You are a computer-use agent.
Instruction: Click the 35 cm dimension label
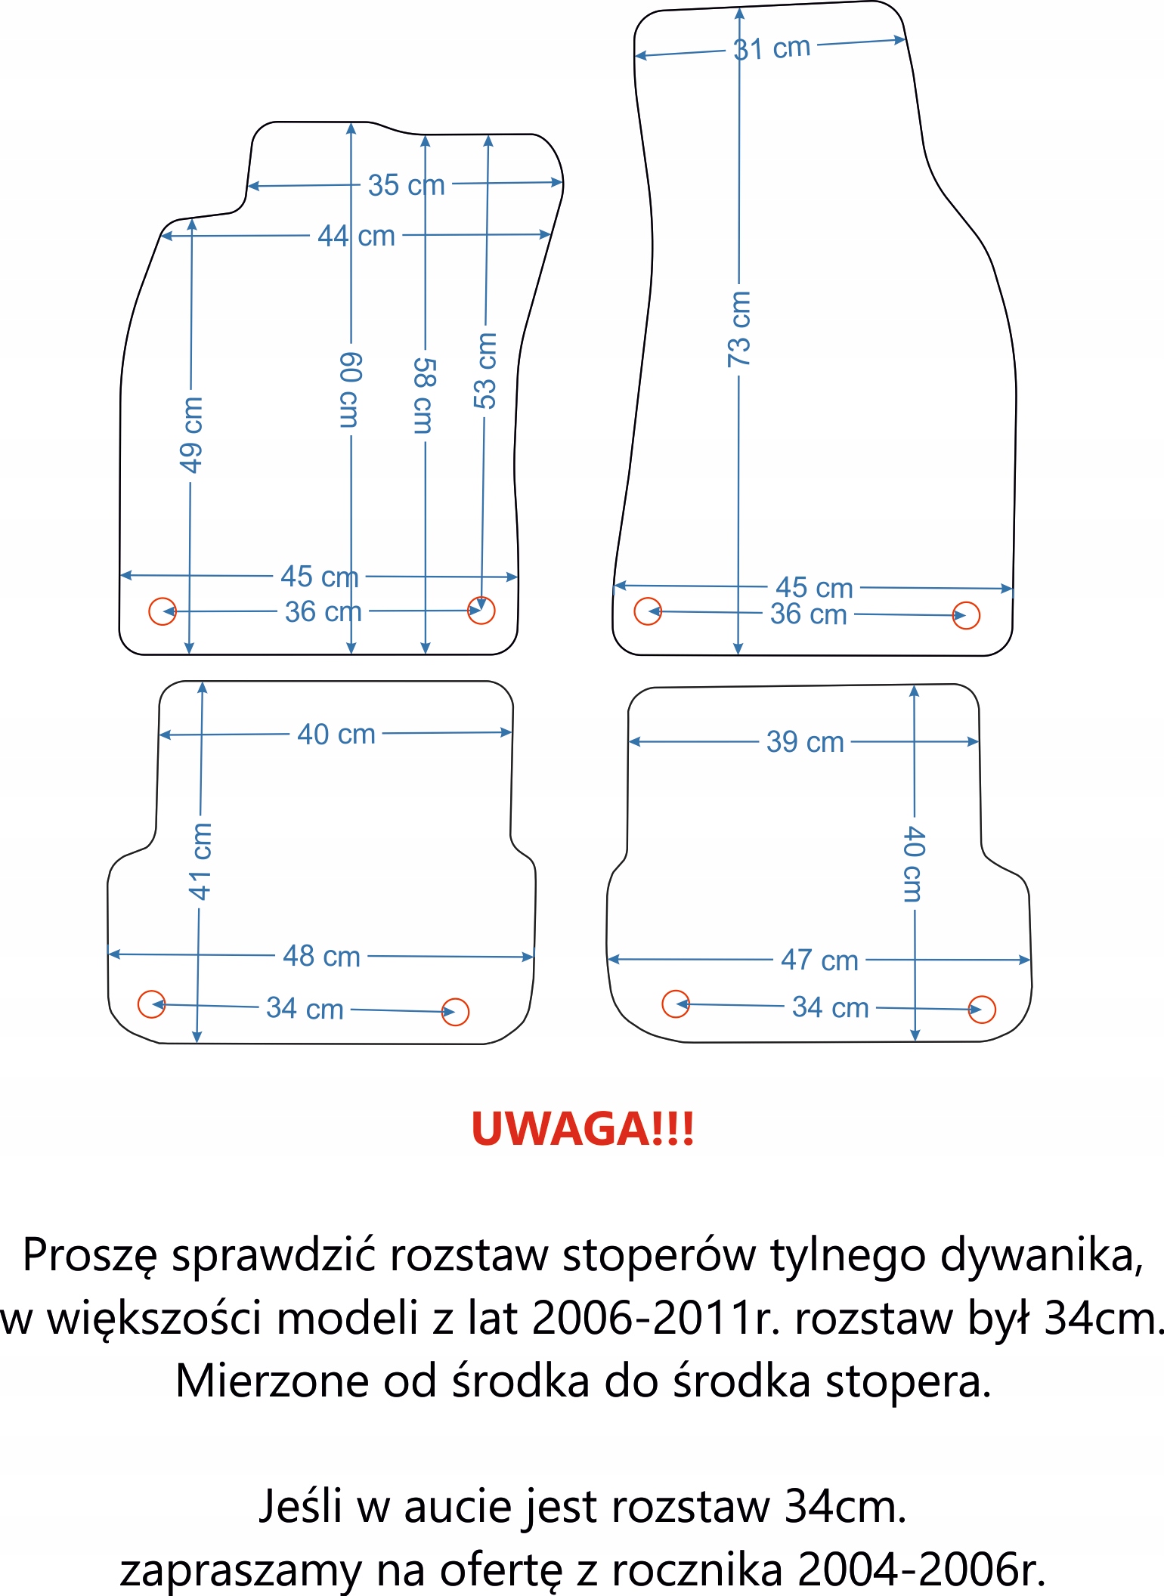406,184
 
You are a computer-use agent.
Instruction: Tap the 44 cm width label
356,236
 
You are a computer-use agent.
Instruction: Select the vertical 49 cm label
191,435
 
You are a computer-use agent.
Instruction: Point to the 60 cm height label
350,390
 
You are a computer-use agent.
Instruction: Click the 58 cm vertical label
424,396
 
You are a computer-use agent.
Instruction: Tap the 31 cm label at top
772,48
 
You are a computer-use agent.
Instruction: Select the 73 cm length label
739,329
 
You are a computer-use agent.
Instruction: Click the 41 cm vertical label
200,861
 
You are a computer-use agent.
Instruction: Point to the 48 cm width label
321,956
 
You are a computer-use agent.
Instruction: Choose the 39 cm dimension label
805,742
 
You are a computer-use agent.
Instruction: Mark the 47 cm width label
819,960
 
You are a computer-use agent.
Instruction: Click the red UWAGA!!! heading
582,1129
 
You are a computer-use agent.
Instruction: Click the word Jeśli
300,1506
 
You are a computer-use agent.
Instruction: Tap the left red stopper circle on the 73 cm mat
648,611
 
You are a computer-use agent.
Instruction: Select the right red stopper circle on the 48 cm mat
455,1011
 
